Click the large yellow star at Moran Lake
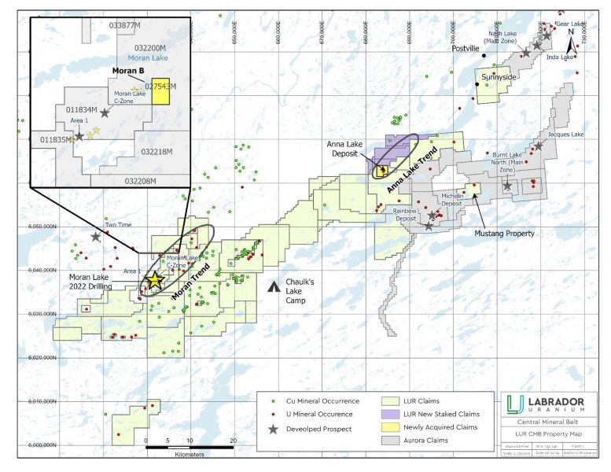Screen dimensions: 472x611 (x=155, y=279)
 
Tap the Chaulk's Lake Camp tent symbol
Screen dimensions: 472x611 (x=272, y=287)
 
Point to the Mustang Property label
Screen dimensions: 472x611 (x=504, y=233)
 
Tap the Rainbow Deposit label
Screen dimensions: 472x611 (x=406, y=214)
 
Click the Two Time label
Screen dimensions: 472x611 (x=116, y=224)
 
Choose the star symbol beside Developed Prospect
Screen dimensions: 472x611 (x=272, y=429)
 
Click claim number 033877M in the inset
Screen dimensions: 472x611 (x=125, y=26)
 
